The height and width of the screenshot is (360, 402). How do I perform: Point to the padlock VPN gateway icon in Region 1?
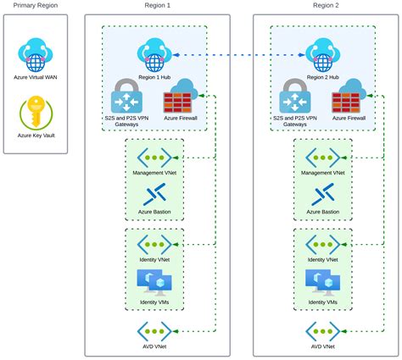[x=127, y=96]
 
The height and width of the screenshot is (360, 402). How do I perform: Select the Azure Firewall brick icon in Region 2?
[x=349, y=98]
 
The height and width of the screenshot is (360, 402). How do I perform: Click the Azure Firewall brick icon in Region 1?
[x=180, y=98]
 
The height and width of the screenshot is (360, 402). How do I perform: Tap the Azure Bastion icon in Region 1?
[x=154, y=194]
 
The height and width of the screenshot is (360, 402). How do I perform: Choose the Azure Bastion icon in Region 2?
[x=323, y=194]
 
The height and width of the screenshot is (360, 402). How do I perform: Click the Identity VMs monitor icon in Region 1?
[x=154, y=282]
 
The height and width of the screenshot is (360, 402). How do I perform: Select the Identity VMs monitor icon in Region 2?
[x=323, y=282]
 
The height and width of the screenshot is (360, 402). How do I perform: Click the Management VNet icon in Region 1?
[x=154, y=157]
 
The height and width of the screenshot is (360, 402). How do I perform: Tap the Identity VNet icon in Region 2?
[x=323, y=244]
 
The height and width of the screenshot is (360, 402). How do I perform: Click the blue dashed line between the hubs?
[x=237, y=56]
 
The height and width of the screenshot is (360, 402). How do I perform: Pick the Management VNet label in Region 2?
[x=323, y=172]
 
